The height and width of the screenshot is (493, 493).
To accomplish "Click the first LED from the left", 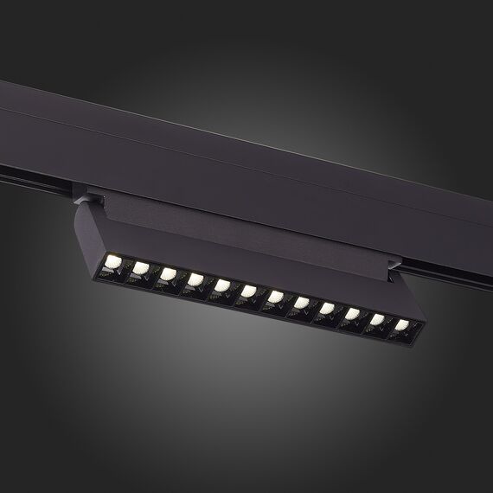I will tap(112, 259).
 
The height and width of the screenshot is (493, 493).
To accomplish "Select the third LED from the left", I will tap(168, 273).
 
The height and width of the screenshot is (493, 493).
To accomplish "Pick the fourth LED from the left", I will tap(195, 279).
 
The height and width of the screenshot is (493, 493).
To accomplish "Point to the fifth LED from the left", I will tap(222, 285).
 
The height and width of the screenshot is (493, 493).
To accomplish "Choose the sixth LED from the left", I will tap(249, 291).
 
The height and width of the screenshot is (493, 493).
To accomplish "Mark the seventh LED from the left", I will tap(276, 298).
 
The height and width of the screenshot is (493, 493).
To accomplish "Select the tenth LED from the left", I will tap(353, 315).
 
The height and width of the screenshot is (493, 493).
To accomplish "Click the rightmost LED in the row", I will tap(402, 326).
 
